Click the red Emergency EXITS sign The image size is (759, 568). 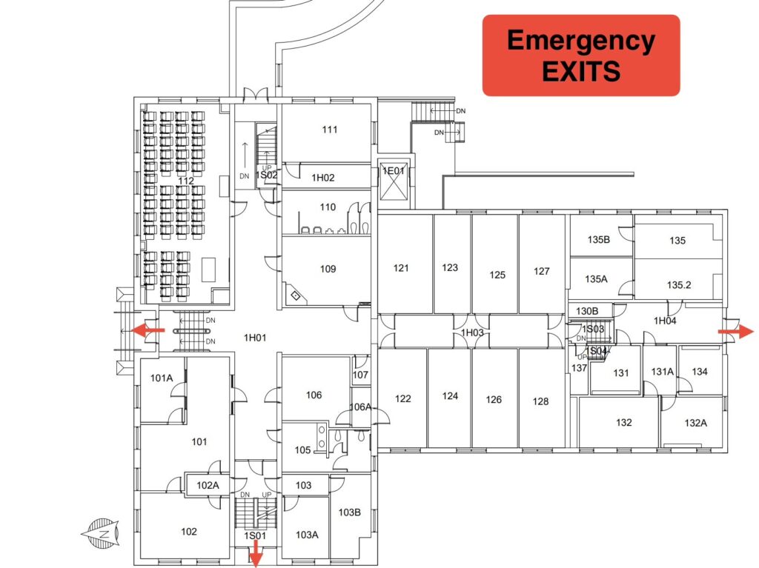tap(581, 55)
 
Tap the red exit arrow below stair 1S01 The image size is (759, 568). tap(255, 553)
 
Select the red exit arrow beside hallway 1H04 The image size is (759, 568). tap(735, 332)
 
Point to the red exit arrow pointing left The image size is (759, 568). tap(148, 330)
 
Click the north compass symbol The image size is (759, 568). tap(100, 534)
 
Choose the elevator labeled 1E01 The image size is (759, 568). tap(394, 179)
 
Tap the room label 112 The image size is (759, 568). tap(186, 181)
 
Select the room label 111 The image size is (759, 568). tap(330, 129)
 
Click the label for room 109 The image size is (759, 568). tap(328, 269)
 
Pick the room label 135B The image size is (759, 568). tap(599, 239)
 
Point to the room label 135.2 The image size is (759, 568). tap(679, 285)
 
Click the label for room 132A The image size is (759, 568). tap(695, 423)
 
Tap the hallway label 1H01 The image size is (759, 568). tap(255, 338)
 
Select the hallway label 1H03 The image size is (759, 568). tap(472, 333)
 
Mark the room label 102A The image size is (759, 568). tap(208, 485)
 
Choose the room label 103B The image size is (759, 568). tap(350, 512)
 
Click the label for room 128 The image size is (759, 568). tap(540, 401)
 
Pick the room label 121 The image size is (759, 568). tap(401, 267)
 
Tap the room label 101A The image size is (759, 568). tap(161, 378)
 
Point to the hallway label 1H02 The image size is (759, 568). tap(323, 178)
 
